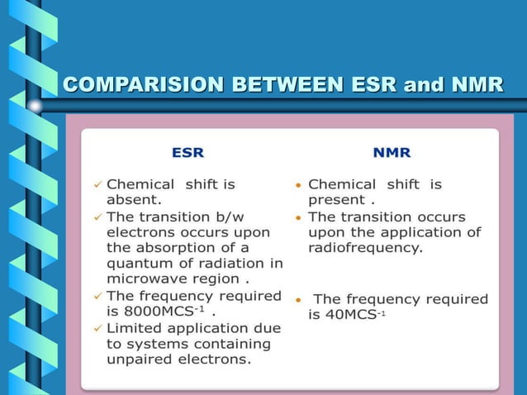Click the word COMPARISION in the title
tap(133, 84)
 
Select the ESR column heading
tap(188, 153)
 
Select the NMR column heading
tap(392, 153)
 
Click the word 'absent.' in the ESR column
tap(134, 199)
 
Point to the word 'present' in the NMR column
tap(337, 199)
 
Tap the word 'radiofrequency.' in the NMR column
tap(365, 247)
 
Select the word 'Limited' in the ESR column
tap(137, 328)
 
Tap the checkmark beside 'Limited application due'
tap(97, 328)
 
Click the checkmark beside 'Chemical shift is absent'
tap(97, 184)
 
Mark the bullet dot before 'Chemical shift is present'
tap(298, 185)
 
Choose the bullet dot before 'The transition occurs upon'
tap(298, 217)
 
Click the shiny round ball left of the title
tap(35, 106)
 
